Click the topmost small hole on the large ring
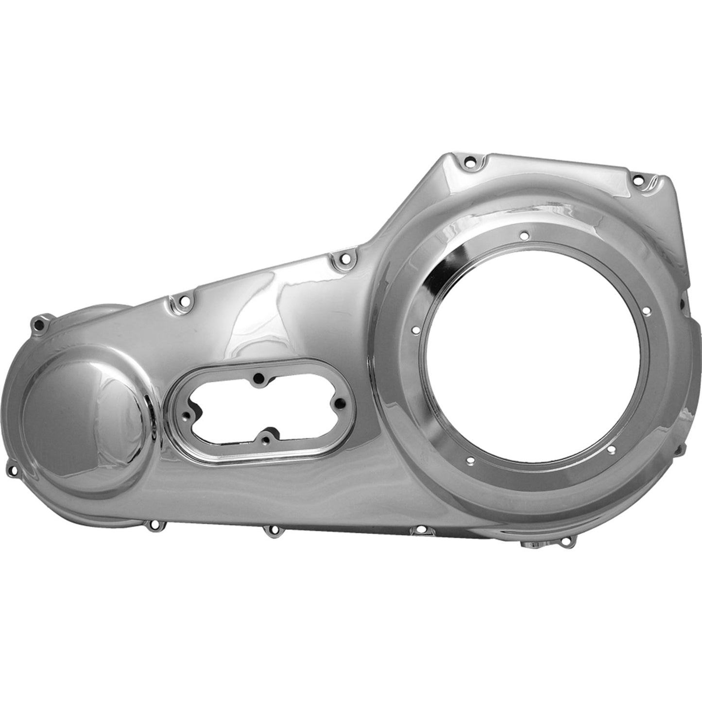[524, 235]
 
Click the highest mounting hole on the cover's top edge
[469, 173]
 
